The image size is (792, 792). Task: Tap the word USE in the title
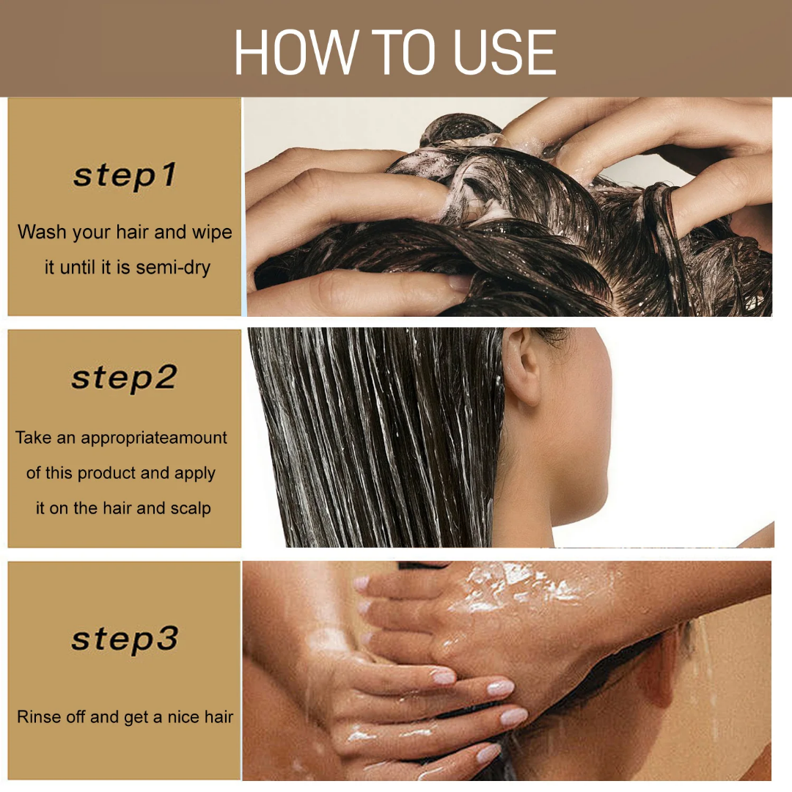505,53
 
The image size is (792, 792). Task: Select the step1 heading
125,176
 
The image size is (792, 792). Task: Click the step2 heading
125,378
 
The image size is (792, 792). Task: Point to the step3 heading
125,639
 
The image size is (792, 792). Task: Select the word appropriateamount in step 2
154,439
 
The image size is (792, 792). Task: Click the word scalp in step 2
190,508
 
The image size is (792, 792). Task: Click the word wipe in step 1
212,232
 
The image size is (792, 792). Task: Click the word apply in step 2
195,474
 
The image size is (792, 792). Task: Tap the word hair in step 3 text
219,717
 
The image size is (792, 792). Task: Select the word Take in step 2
34,438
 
